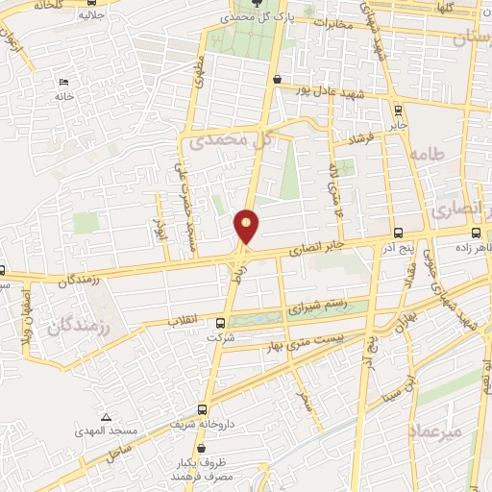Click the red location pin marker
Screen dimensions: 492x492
[247, 226]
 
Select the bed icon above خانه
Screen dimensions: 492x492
[64, 82]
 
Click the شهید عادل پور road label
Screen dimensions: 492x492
[331, 94]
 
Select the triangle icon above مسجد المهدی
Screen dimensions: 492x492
[107, 417]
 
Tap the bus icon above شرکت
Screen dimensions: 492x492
[220, 323]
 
